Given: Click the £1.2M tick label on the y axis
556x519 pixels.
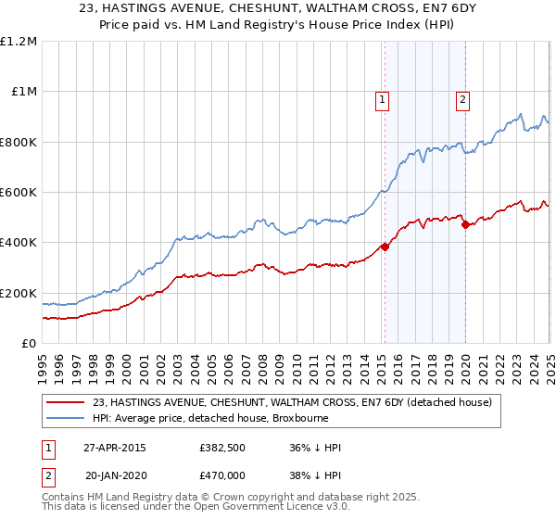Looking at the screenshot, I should (x=19, y=42).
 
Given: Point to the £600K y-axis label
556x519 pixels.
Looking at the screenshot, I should (x=19, y=193).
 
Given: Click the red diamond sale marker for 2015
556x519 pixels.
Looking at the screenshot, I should (x=385, y=247).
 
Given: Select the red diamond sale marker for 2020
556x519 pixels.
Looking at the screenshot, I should (x=465, y=224).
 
